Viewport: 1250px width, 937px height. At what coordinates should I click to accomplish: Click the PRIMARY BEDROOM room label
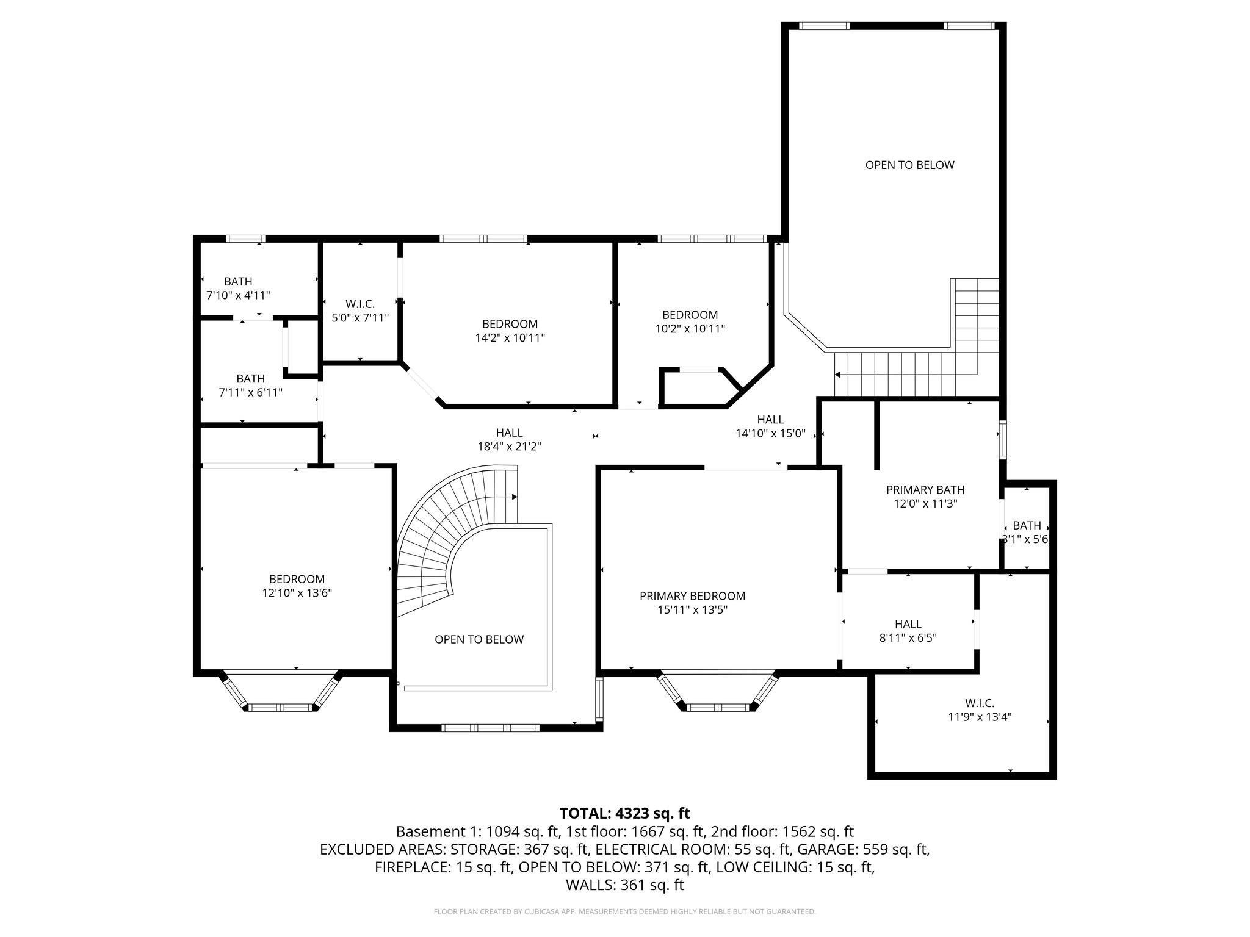coord(692,596)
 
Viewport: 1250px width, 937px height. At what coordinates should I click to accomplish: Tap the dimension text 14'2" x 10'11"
coord(510,337)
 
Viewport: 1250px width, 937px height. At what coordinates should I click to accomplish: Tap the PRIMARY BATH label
coord(925,490)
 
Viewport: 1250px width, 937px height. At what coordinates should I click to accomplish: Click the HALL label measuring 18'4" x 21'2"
coord(509,433)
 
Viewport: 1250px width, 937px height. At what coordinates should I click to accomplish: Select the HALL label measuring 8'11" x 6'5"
coord(908,624)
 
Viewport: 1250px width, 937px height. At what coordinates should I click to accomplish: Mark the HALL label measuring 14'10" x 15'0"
coord(770,420)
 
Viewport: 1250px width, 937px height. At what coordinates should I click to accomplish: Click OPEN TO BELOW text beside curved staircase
coord(479,639)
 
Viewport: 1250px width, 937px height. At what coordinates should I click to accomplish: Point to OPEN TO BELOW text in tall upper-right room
coord(909,165)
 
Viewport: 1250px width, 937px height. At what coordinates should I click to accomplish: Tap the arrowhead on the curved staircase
coord(515,497)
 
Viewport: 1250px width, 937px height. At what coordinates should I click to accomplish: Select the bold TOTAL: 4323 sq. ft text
coord(624,813)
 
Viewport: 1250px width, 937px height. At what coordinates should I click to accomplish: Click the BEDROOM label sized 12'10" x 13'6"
coord(297,579)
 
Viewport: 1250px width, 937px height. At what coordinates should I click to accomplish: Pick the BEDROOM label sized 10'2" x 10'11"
coord(690,315)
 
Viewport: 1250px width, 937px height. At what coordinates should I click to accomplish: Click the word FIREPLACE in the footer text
coord(412,867)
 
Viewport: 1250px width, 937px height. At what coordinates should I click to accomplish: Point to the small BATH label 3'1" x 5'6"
coord(1027,525)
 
